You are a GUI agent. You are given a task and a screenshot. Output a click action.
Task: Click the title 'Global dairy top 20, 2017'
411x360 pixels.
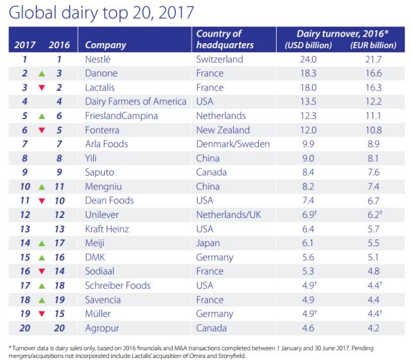(102, 12)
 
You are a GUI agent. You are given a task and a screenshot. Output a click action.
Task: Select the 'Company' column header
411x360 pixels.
(105, 45)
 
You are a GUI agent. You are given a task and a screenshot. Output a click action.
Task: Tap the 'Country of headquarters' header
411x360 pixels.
(225, 39)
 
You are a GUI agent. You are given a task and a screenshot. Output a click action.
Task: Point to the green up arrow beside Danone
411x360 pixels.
(40, 73)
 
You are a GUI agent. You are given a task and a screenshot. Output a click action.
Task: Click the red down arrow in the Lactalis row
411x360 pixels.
(40, 87)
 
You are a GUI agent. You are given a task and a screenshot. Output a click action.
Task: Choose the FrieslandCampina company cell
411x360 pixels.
(121, 116)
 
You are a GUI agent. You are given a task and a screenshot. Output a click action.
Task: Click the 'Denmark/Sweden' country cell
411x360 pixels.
(232, 144)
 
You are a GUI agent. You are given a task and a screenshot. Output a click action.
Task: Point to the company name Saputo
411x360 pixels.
(100, 172)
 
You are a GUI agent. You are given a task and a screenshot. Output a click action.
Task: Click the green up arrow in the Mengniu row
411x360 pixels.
(40, 186)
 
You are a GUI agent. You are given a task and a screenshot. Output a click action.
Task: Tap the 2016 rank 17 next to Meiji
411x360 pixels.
(58, 243)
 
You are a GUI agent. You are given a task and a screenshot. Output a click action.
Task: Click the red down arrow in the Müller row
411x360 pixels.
(40, 314)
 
